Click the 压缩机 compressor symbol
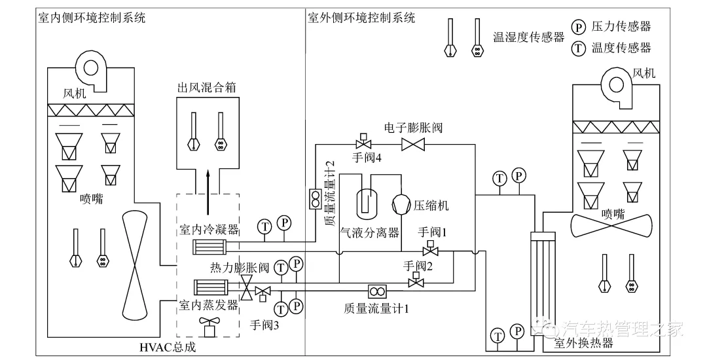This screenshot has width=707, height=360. click(x=401, y=204)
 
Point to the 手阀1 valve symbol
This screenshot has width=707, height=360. click(x=430, y=250)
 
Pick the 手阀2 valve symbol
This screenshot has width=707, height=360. click(x=414, y=281)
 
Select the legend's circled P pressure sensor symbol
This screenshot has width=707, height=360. click(x=578, y=27)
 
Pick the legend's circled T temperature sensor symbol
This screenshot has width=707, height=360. click(x=578, y=48)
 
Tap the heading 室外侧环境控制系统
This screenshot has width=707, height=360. click(x=361, y=18)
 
